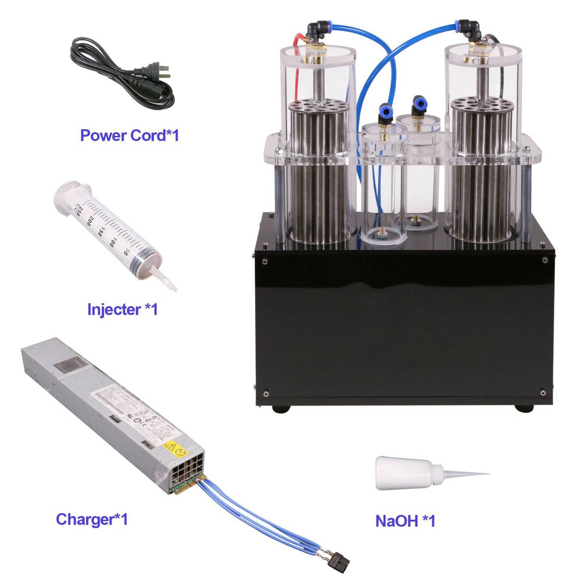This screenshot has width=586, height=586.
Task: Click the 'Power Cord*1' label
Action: (129, 135)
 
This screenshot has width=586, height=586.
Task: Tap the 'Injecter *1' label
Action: (122, 309)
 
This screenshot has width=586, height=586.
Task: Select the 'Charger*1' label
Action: (92, 519)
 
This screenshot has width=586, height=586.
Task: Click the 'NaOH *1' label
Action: (405, 521)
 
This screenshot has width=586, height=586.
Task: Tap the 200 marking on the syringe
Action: (90, 221)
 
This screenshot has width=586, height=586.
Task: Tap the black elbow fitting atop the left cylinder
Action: (315, 29)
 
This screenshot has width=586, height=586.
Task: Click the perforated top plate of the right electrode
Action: (482, 103)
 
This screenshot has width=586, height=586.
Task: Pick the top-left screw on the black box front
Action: (264, 261)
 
